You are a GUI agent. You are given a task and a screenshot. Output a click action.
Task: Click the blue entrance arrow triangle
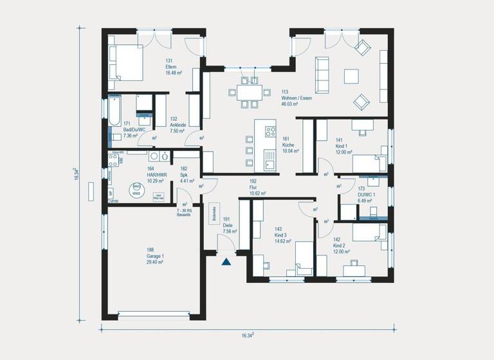226,261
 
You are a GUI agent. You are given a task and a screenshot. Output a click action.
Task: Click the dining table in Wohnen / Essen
248,92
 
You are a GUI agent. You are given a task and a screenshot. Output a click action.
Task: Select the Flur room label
253,181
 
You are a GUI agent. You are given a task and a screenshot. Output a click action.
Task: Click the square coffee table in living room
351,76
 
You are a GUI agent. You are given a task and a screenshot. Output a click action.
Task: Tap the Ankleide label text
177,125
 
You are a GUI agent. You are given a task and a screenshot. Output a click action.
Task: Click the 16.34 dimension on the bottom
248,335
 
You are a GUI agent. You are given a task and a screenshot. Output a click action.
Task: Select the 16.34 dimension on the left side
77,174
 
